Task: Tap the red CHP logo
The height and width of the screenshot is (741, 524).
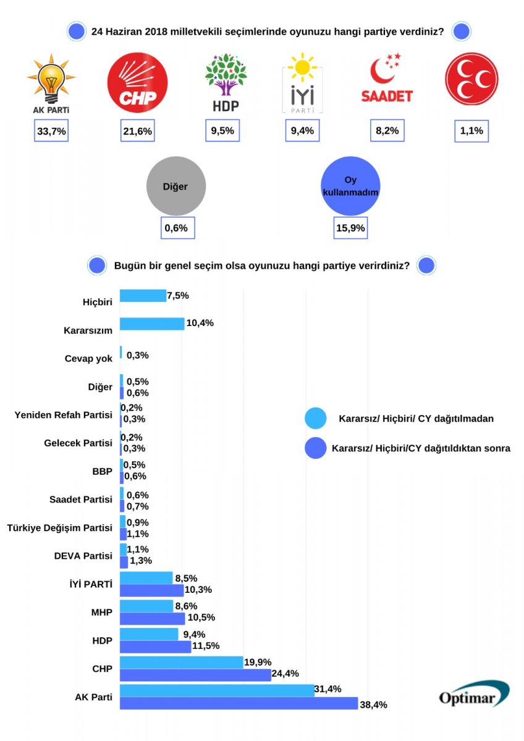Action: pos(137,82)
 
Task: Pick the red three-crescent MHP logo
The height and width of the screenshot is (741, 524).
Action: pos(471,78)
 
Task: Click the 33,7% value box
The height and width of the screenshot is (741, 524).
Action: pos(51,131)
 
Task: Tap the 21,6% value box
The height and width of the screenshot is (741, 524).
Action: pos(137,131)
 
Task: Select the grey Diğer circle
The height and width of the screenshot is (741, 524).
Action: pos(175,186)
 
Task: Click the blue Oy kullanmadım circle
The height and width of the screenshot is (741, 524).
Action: pos(350,186)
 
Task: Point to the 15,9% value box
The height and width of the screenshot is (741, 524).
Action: pos(350,227)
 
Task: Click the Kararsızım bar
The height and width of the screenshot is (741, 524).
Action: pos(151,324)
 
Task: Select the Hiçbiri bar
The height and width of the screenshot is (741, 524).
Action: pos(143,296)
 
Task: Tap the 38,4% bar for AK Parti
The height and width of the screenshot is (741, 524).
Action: pos(239,703)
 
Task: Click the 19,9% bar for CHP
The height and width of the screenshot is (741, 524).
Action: pos(181,662)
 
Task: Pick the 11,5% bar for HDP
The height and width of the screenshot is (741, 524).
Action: pos(155,647)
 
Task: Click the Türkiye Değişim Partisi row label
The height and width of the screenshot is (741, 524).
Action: pos(59,528)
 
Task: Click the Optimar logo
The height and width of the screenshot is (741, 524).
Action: pos(474,694)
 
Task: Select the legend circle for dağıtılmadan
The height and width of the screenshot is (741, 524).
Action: pos(316,419)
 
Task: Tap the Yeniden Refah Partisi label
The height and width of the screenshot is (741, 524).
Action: pos(63,414)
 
